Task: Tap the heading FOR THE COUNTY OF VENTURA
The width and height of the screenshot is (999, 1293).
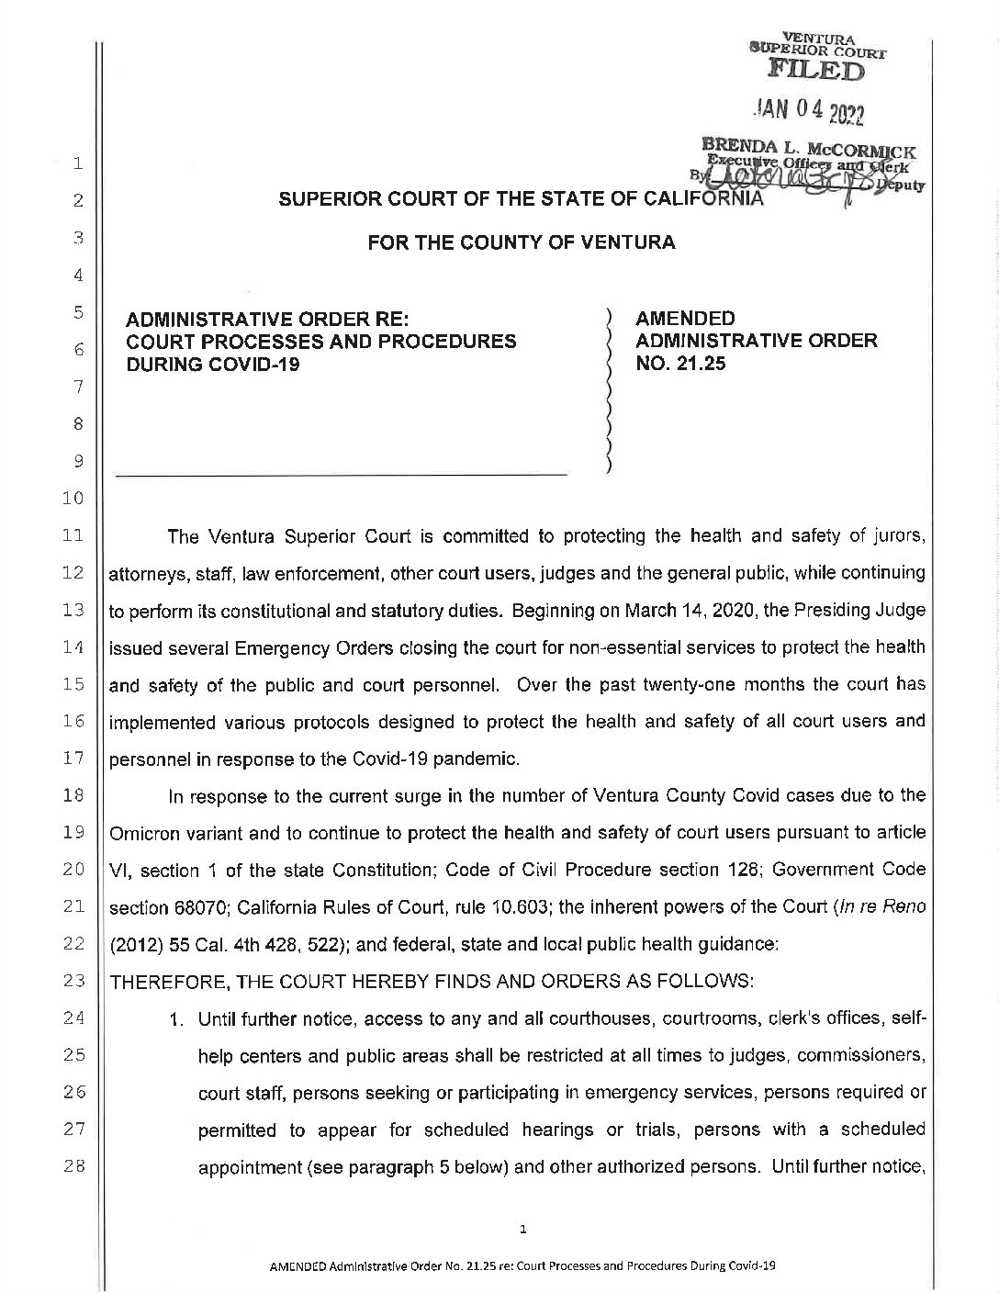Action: pos(522,243)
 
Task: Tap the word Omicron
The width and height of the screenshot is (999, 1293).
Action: pos(143,832)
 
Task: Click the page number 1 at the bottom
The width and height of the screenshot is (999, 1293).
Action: pos(522,1228)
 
